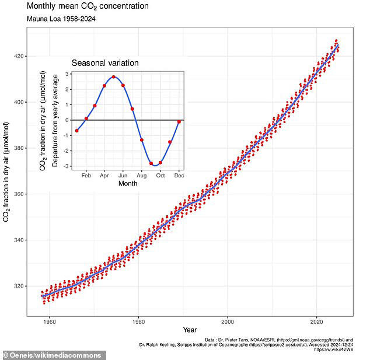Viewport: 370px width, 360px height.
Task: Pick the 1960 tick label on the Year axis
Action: coord(49,321)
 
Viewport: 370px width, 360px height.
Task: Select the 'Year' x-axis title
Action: coord(189,331)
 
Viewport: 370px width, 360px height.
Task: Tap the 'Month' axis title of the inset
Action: coord(127,183)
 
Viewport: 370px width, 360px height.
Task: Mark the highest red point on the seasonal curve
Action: coord(113,77)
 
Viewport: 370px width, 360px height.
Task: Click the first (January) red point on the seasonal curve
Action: coord(76,131)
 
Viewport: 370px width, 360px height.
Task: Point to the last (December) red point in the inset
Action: coord(179,121)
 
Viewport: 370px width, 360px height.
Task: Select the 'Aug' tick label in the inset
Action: coord(141,175)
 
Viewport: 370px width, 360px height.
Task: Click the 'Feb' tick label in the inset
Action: coord(86,175)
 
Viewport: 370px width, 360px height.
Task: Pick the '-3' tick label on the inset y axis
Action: coord(67,166)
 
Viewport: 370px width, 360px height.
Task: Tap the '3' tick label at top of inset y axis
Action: coord(68,74)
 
